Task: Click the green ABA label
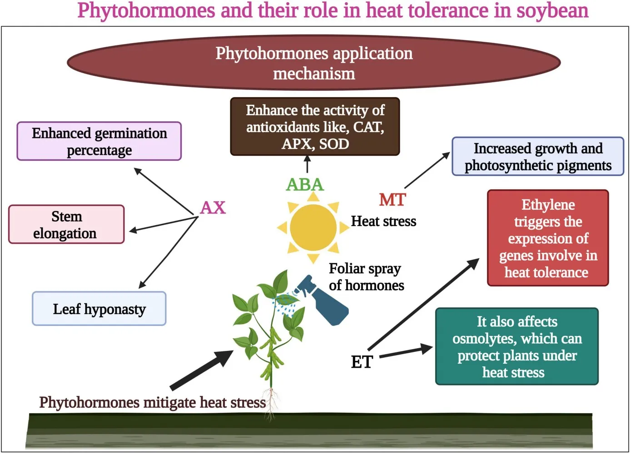pos(305,185)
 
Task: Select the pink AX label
pos(213,207)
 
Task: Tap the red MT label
pos(392,200)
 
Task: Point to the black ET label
pos(362,362)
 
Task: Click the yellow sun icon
pos(313,227)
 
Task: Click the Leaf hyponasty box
pos(99,309)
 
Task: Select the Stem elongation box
pos(66,224)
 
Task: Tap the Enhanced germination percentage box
pos(99,141)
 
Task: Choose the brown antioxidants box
pos(315,127)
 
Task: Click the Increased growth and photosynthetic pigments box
pos(537,157)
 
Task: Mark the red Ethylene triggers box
pos(547,238)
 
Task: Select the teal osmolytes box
pos(517,346)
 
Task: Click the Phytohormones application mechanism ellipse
pos(313,63)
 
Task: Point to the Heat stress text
pos(383,221)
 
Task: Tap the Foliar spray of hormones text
pos(366,276)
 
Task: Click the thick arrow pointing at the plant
pos(202,370)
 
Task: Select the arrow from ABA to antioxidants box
pos(308,164)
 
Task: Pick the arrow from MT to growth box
pos(427,170)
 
